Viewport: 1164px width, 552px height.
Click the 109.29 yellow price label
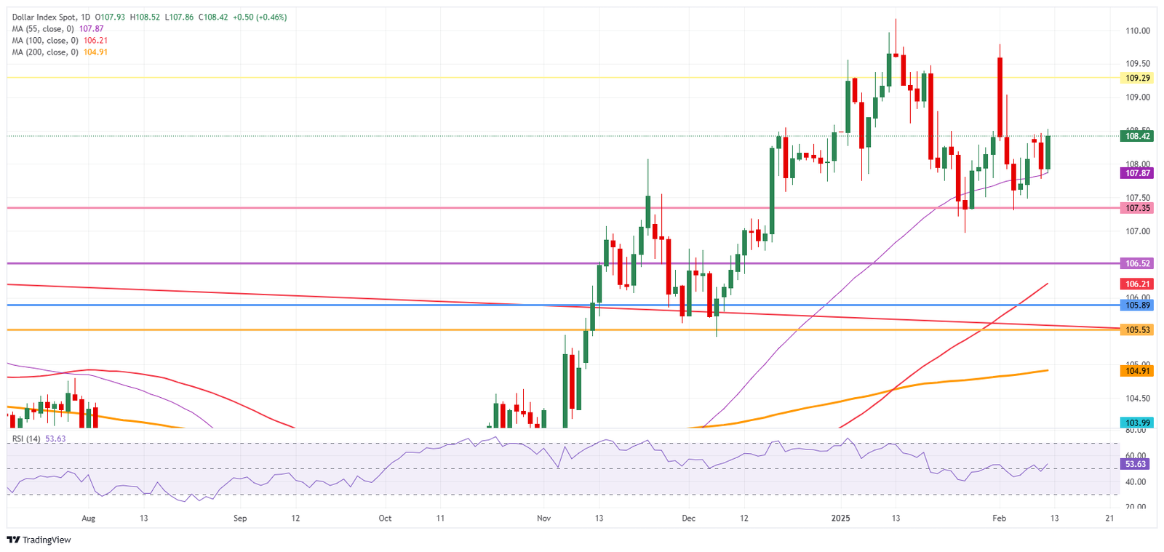(x=1138, y=78)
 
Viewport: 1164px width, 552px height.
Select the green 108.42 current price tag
(x=1138, y=136)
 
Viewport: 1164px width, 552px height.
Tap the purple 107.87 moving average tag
(x=1138, y=173)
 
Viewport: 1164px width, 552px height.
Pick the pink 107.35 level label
(x=1138, y=208)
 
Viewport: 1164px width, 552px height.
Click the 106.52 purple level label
(x=1138, y=263)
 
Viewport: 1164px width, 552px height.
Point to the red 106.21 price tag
(x=1138, y=284)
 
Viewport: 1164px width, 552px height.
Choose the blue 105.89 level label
(x=1138, y=305)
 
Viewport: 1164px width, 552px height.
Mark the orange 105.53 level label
(x=1138, y=330)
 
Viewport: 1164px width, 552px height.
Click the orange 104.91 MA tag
(x=1138, y=371)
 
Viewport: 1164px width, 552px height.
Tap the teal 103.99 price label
(x=1138, y=423)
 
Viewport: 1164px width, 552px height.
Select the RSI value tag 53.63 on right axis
(x=1136, y=464)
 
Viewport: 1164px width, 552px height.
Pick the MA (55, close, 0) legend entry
(x=57, y=29)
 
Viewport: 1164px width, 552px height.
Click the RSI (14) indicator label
(x=26, y=439)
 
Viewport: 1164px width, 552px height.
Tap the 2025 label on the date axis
(x=840, y=519)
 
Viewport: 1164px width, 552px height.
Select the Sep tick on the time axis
(x=240, y=519)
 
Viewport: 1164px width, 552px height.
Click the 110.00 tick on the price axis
(x=1137, y=31)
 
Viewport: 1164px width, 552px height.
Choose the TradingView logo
(x=39, y=540)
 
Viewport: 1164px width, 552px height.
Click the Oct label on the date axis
(x=385, y=519)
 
